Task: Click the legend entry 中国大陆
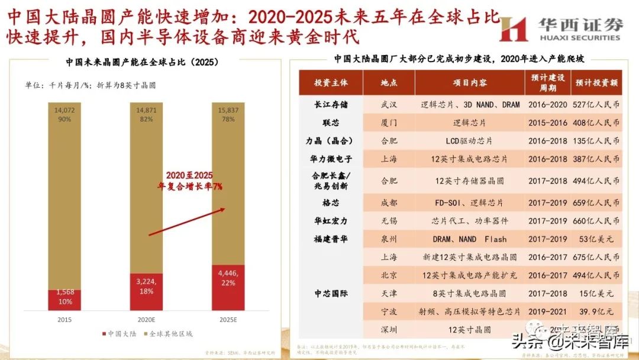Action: point(120,333)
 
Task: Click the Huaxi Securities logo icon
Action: point(513,28)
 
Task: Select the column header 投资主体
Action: point(331,83)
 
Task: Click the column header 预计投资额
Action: point(596,83)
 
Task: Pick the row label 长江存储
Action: point(331,105)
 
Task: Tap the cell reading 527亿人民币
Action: point(596,105)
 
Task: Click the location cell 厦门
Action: point(389,123)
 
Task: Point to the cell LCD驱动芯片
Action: point(469,141)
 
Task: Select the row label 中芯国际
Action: point(331,292)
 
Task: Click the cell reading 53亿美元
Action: point(596,239)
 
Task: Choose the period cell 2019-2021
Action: point(548,311)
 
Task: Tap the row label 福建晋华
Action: point(331,239)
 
